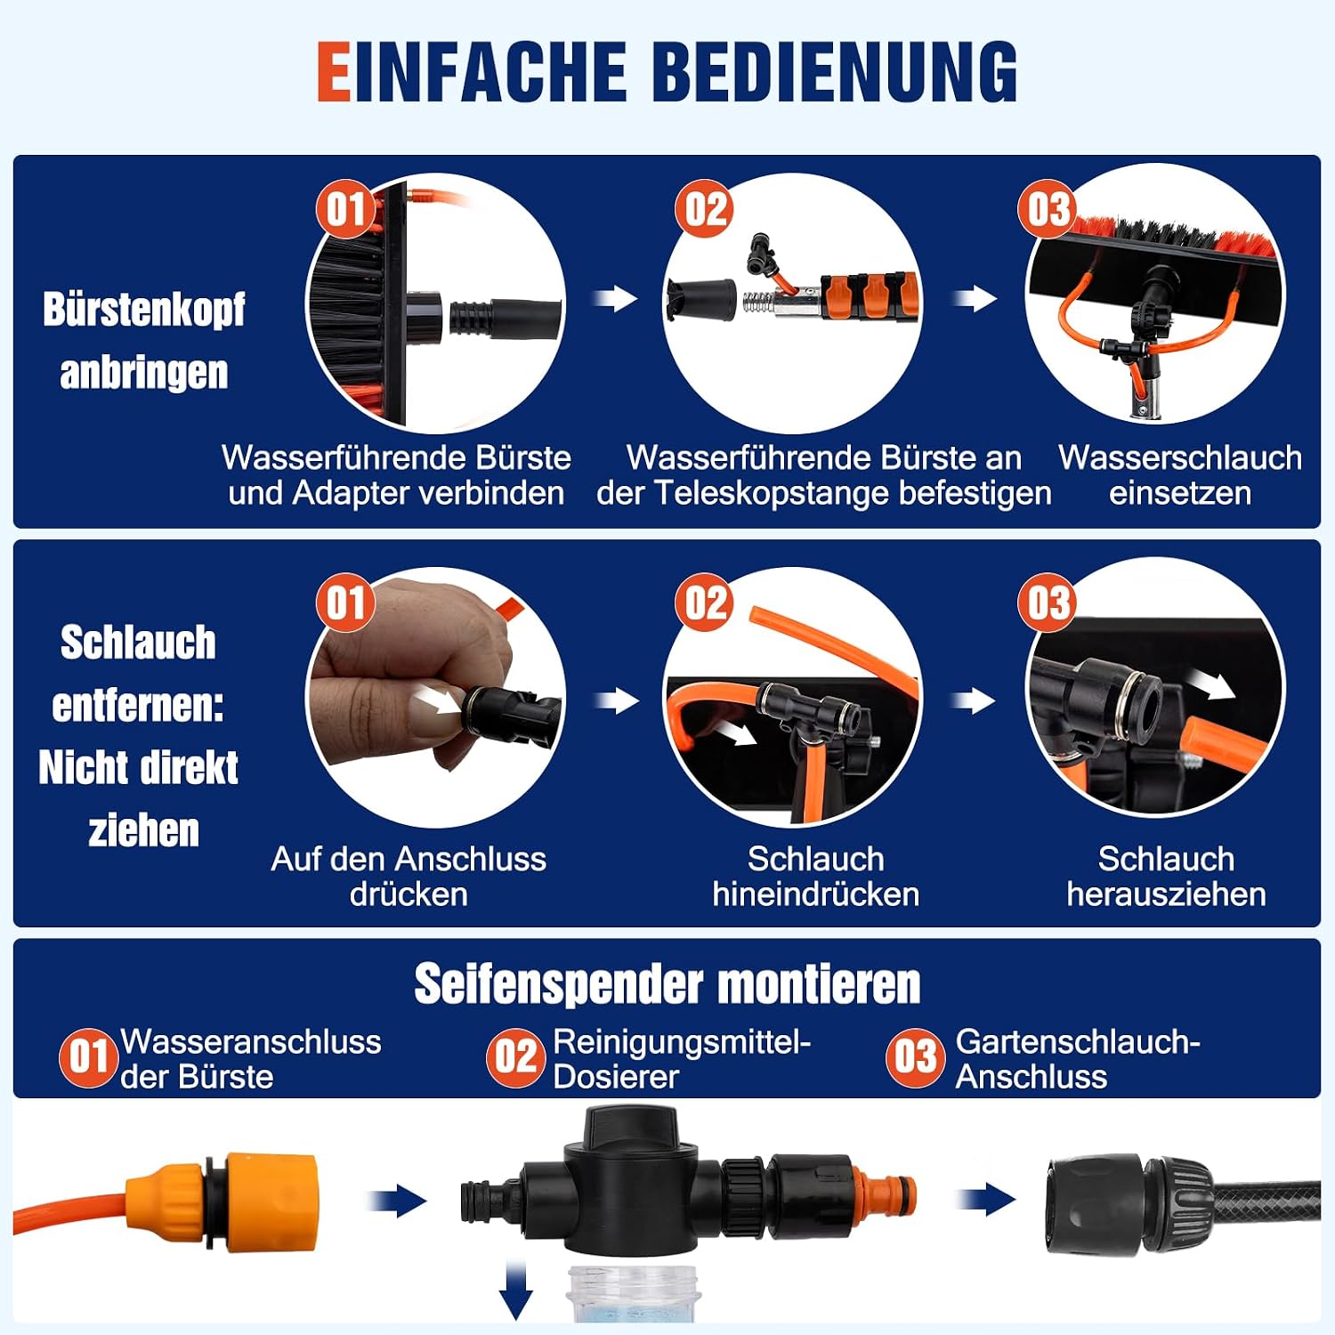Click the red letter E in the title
tap(335, 71)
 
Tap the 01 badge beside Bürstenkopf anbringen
tap(345, 210)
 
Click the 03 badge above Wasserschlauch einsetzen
tap(1048, 210)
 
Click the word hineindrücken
tap(816, 894)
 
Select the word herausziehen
tap(1167, 894)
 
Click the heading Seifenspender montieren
tap(667, 984)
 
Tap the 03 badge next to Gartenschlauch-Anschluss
tap(914, 1057)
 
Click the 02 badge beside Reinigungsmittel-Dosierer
tap(515, 1057)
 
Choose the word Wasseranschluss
tap(251, 1041)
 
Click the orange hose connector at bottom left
tap(222, 1201)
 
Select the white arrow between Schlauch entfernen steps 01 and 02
tap(616, 701)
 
